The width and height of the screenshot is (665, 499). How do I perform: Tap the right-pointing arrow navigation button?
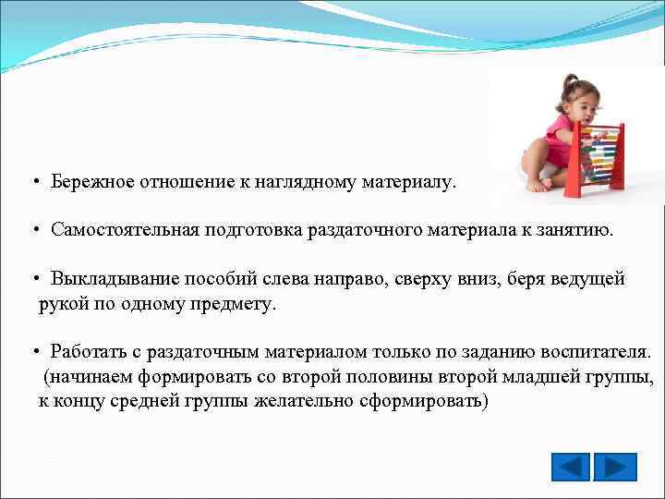(x=615, y=466)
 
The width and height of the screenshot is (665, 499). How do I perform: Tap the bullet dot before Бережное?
(x=33, y=183)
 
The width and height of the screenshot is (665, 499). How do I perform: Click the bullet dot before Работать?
(x=33, y=352)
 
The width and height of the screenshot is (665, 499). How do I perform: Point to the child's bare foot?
(x=537, y=184)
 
